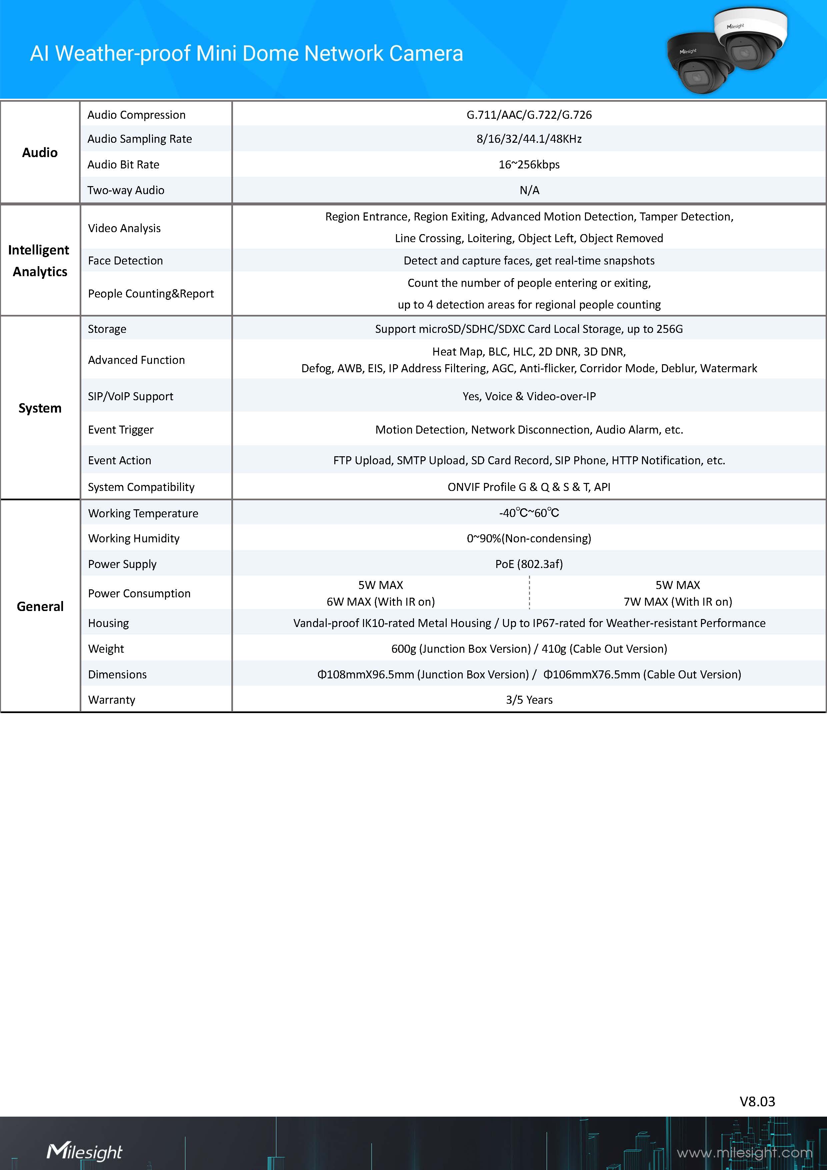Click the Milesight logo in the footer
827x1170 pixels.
pyautogui.click(x=85, y=1151)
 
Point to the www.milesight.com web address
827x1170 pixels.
pyautogui.click(x=744, y=1152)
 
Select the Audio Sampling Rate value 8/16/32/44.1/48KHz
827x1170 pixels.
pyautogui.click(x=529, y=139)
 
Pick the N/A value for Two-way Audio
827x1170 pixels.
pyautogui.click(x=529, y=190)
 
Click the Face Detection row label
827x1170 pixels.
pyautogui.click(x=125, y=260)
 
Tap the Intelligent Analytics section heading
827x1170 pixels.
pyautogui.click(x=40, y=260)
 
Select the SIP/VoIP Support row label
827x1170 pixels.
pyautogui.click(x=130, y=396)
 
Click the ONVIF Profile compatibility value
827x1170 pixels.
pyautogui.click(x=529, y=487)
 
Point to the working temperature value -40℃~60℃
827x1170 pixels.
pyautogui.click(x=529, y=513)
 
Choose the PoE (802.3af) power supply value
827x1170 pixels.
pyautogui.click(x=529, y=564)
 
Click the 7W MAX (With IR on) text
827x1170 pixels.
pyautogui.click(x=677, y=601)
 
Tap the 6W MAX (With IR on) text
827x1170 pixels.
pyautogui.click(x=380, y=601)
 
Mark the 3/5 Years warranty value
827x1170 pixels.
pyautogui.click(x=529, y=700)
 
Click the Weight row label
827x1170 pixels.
pyautogui.click(x=106, y=649)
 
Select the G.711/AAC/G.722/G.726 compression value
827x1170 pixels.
pyautogui.click(x=529, y=115)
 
